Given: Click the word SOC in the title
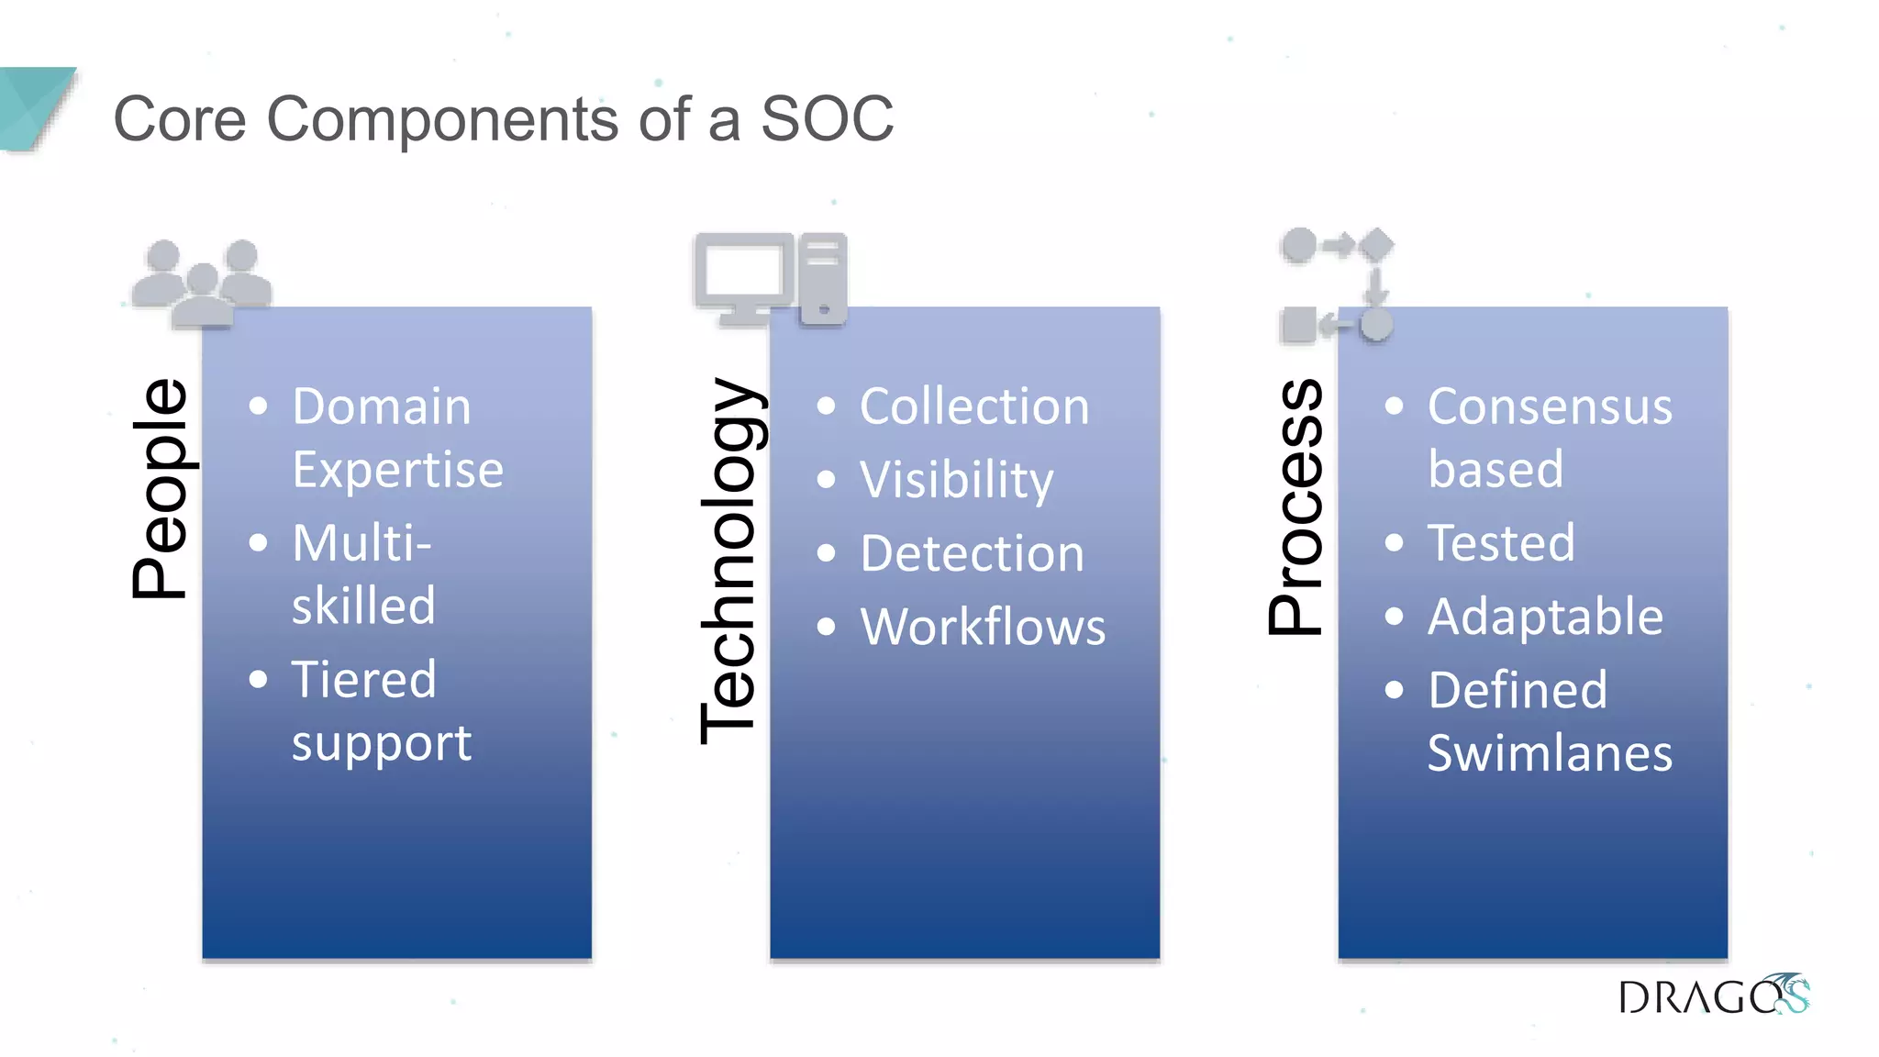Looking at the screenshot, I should [x=827, y=119].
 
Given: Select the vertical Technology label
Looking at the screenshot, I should [x=728, y=561].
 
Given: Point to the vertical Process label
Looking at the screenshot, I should [x=1296, y=507].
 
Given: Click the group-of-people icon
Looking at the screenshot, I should [x=203, y=283].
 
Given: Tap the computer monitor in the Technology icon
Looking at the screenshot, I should [x=743, y=275].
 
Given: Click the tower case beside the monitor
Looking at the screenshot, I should [x=822, y=278].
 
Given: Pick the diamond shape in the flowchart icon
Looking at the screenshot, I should [x=1375, y=246].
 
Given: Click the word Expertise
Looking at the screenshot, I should [x=397, y=470].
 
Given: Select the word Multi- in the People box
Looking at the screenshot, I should [x=361, y=542].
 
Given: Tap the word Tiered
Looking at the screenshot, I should [x=363, y=679].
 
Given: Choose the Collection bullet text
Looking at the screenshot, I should [x=973, y=406].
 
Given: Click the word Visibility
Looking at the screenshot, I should [x=956, y=480].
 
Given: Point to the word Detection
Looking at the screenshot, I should [x=972, y=553].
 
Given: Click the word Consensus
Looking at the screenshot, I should [x=1550, y=406].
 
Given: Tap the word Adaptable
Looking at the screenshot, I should [x=1545, y=616].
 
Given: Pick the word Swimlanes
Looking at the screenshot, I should [x=1550, y=753].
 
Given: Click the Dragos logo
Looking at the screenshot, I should [x=1713, y=996].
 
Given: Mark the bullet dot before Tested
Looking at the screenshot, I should [x=1394, y=543].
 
